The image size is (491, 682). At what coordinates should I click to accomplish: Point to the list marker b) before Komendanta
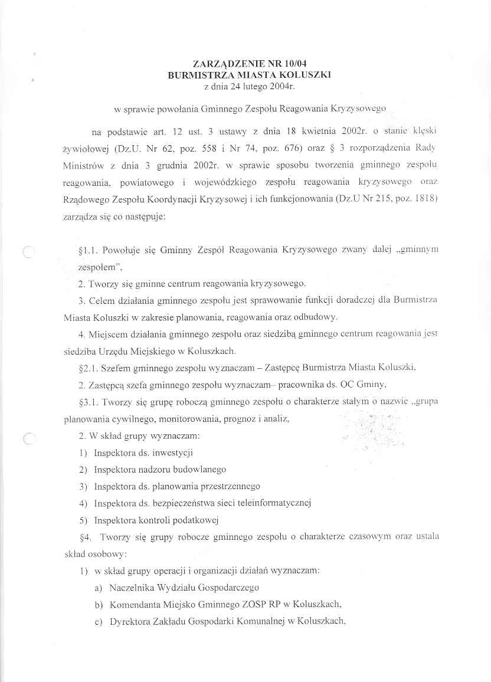[99, 605]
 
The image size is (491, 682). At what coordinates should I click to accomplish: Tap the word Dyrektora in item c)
[129, 621]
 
